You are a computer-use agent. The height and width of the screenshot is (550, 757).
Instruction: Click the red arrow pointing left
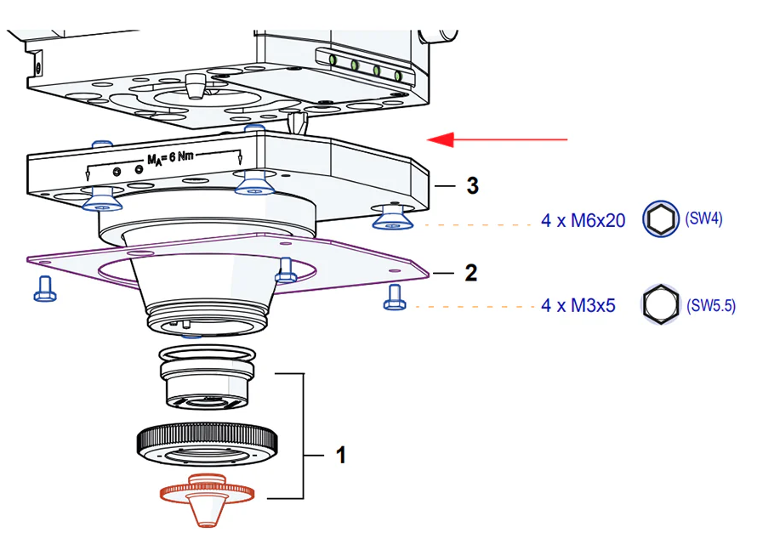[x=497, y=139]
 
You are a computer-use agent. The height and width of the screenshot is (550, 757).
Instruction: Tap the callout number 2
[x=470, y=273]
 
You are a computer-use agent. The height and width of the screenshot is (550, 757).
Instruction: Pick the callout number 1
[x=341, y=456]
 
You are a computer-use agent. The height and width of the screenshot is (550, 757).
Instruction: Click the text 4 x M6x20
[x=583, y=221]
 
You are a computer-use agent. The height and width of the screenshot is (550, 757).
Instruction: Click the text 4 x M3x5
[x=578, y=304]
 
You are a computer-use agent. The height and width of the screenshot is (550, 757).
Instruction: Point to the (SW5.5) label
[x=710, y=304]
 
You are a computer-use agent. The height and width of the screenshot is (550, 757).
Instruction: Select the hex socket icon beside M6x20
[x=660, y=220]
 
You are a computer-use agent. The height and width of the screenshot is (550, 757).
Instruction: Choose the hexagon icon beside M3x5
[x=657, y=303]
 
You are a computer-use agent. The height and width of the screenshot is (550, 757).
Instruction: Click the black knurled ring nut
[x=207, y=441]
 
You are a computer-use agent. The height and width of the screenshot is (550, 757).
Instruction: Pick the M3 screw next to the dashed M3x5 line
[x=393, y=297]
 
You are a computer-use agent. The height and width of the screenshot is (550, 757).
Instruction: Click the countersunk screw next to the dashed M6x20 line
[x=392, y=218]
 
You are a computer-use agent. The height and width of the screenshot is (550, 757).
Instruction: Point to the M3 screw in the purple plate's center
[x=287, y=269]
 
